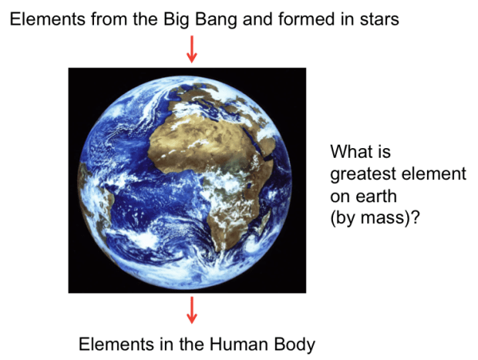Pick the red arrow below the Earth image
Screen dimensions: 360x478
click(191, 310)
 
